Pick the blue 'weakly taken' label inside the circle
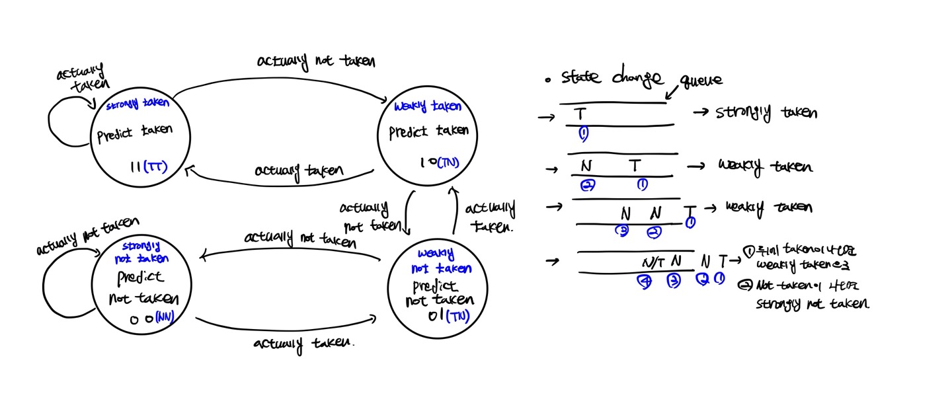tap(427, 106)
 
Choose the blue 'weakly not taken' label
tap(442, 261)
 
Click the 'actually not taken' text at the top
tap(316, 61)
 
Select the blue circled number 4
tap(645, 282)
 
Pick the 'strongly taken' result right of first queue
tap(766, 113)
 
